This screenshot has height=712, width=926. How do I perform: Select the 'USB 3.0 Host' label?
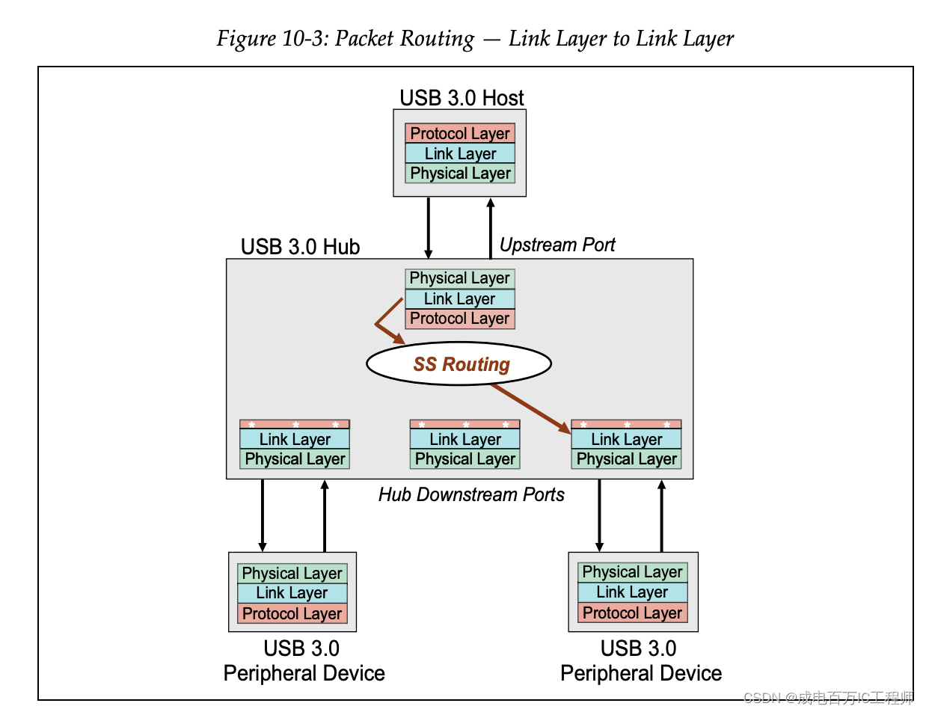(x=462, y=98)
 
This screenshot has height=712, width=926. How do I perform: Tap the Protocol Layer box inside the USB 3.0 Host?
(x=460, y=134)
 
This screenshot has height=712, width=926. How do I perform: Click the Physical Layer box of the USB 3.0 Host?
(x=460, y=174)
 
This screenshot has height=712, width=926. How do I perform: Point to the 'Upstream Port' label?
(x=557, y=245)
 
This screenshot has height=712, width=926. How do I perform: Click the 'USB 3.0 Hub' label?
(x=300, y=247)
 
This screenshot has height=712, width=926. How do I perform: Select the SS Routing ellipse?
(x=459, y=364)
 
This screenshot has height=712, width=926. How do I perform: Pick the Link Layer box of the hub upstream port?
(x=459, y=299)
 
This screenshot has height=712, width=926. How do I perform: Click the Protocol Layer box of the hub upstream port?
(x=459, y=319)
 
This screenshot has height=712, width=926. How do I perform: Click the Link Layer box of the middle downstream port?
(x=464, y=440)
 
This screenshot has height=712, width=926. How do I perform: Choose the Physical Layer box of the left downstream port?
(x=295, y=459)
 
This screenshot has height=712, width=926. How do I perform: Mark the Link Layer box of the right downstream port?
(x=626, y=440)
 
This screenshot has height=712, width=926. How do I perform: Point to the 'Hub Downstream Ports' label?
(x=471, y=494)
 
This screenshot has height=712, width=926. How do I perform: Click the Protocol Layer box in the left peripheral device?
(x=292, y=614)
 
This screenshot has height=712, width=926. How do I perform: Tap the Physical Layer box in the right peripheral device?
(x=632, y=573)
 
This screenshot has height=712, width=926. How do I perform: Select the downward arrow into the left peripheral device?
(x=263, y=515)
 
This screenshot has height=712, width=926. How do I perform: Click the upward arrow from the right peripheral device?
(x=661, y=515)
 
